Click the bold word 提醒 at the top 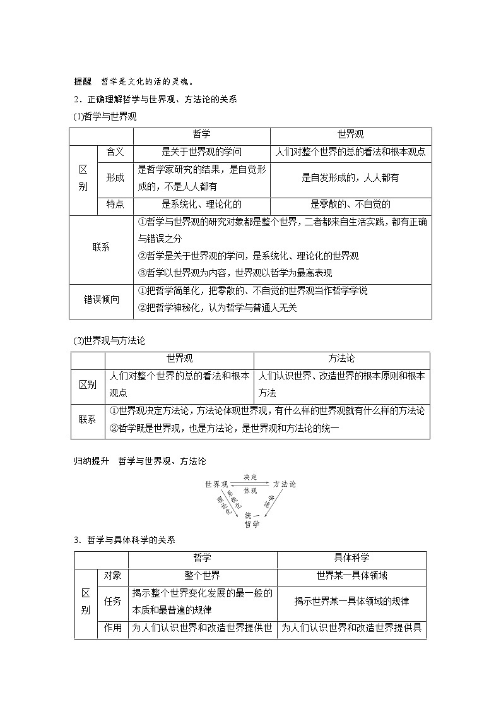pyautogui.click(x=83, y=81)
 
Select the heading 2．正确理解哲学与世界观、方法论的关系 pyautogui.click(x=155, y=99)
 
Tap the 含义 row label pyautogui.click(x=115, y=152)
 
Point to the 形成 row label pyautogui.click(x=115, y=178)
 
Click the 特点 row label pyautogui.click(x=115, y=204)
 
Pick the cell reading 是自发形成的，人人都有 pyautogui.click(x=350, y=178)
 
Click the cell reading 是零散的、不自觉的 pyautogui.click(x=350, y=204)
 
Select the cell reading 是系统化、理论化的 pyautogui.click(x=201, y=204)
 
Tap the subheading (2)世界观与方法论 pyautogui.click(x=110, y=340)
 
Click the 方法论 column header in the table pyautogui.click(x=341, y=359)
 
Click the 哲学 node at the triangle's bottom pyautogui.click(x=251, y=524)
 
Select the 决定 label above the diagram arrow pyautogui.click(x=250, y=477)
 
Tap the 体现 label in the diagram pyautogui.click(x=250, y=491)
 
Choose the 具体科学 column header pyautogui.click(x=351, y=558)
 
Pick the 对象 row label pyautogui.click(x=114, y=575)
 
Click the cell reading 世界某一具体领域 pyautogui.click(x=351, y=575)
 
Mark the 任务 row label pyautogui.click(x=114, y=601)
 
